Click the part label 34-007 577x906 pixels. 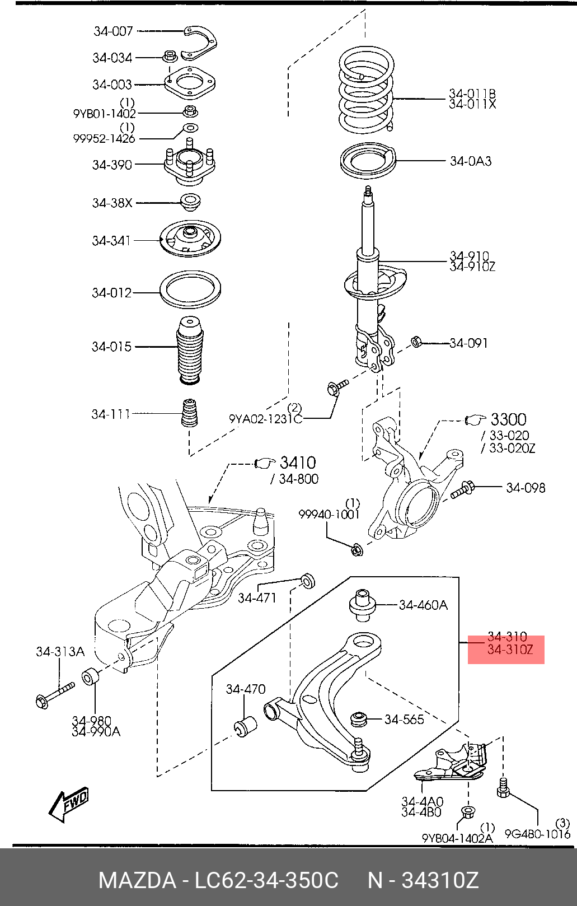pyautogui.click(x=113, y=31)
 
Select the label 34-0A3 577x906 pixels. pyautogui.click(x=471, y=161)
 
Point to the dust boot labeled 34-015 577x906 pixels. pyautogui.click(x=190, y=351)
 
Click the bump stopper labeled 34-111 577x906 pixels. pyautogui.click(x=189, y=413)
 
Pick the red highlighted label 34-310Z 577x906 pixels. pyautogui.click(x=510, y=650)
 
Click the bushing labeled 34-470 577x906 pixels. pyautogui.click(x=246, y=726)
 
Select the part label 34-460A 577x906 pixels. pyautogui.click(x=423, y=605)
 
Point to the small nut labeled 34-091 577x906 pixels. pyautogui.click(x=416, y=342)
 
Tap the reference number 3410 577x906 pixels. pyautogui.click(x=298, y=463)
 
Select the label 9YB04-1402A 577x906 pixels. pyautogui.click(x=457, y=838)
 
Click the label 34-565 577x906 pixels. pyautogui.click(x=404, y=720)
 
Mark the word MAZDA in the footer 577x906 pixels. pyautogui.click(x=138, y=880)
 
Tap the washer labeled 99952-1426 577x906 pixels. pyautogui.click(x=191, y=128)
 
